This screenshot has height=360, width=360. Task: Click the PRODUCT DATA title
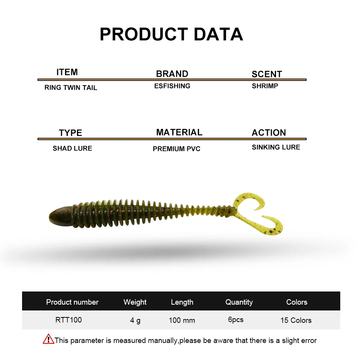pos(171,34)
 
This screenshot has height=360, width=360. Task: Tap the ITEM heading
pos(67,72)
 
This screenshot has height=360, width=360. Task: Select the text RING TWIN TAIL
pos(71,87)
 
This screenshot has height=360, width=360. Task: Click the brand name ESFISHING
pos(172,86)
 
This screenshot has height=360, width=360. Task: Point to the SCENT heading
pos(267,74)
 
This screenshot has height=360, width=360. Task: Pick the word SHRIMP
pos(265,86)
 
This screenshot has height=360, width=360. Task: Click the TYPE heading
pos(70,133)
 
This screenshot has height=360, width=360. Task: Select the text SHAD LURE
pos(72,148)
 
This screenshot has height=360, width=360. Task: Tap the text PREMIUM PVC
pos(177,149)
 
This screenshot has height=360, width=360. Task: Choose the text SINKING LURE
pos(276,147)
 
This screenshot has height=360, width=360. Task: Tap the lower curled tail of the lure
pos(271,228)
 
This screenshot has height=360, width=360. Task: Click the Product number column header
pos(72,302)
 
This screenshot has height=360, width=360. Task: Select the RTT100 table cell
pos(69,320)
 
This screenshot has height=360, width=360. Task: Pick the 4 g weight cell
pos(135,320)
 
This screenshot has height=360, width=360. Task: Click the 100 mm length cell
pos(182,320)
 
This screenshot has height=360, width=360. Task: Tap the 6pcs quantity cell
pos(236,320)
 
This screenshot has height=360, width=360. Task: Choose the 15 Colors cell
pos(296,320)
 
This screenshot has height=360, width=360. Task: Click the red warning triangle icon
pos(48,339)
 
